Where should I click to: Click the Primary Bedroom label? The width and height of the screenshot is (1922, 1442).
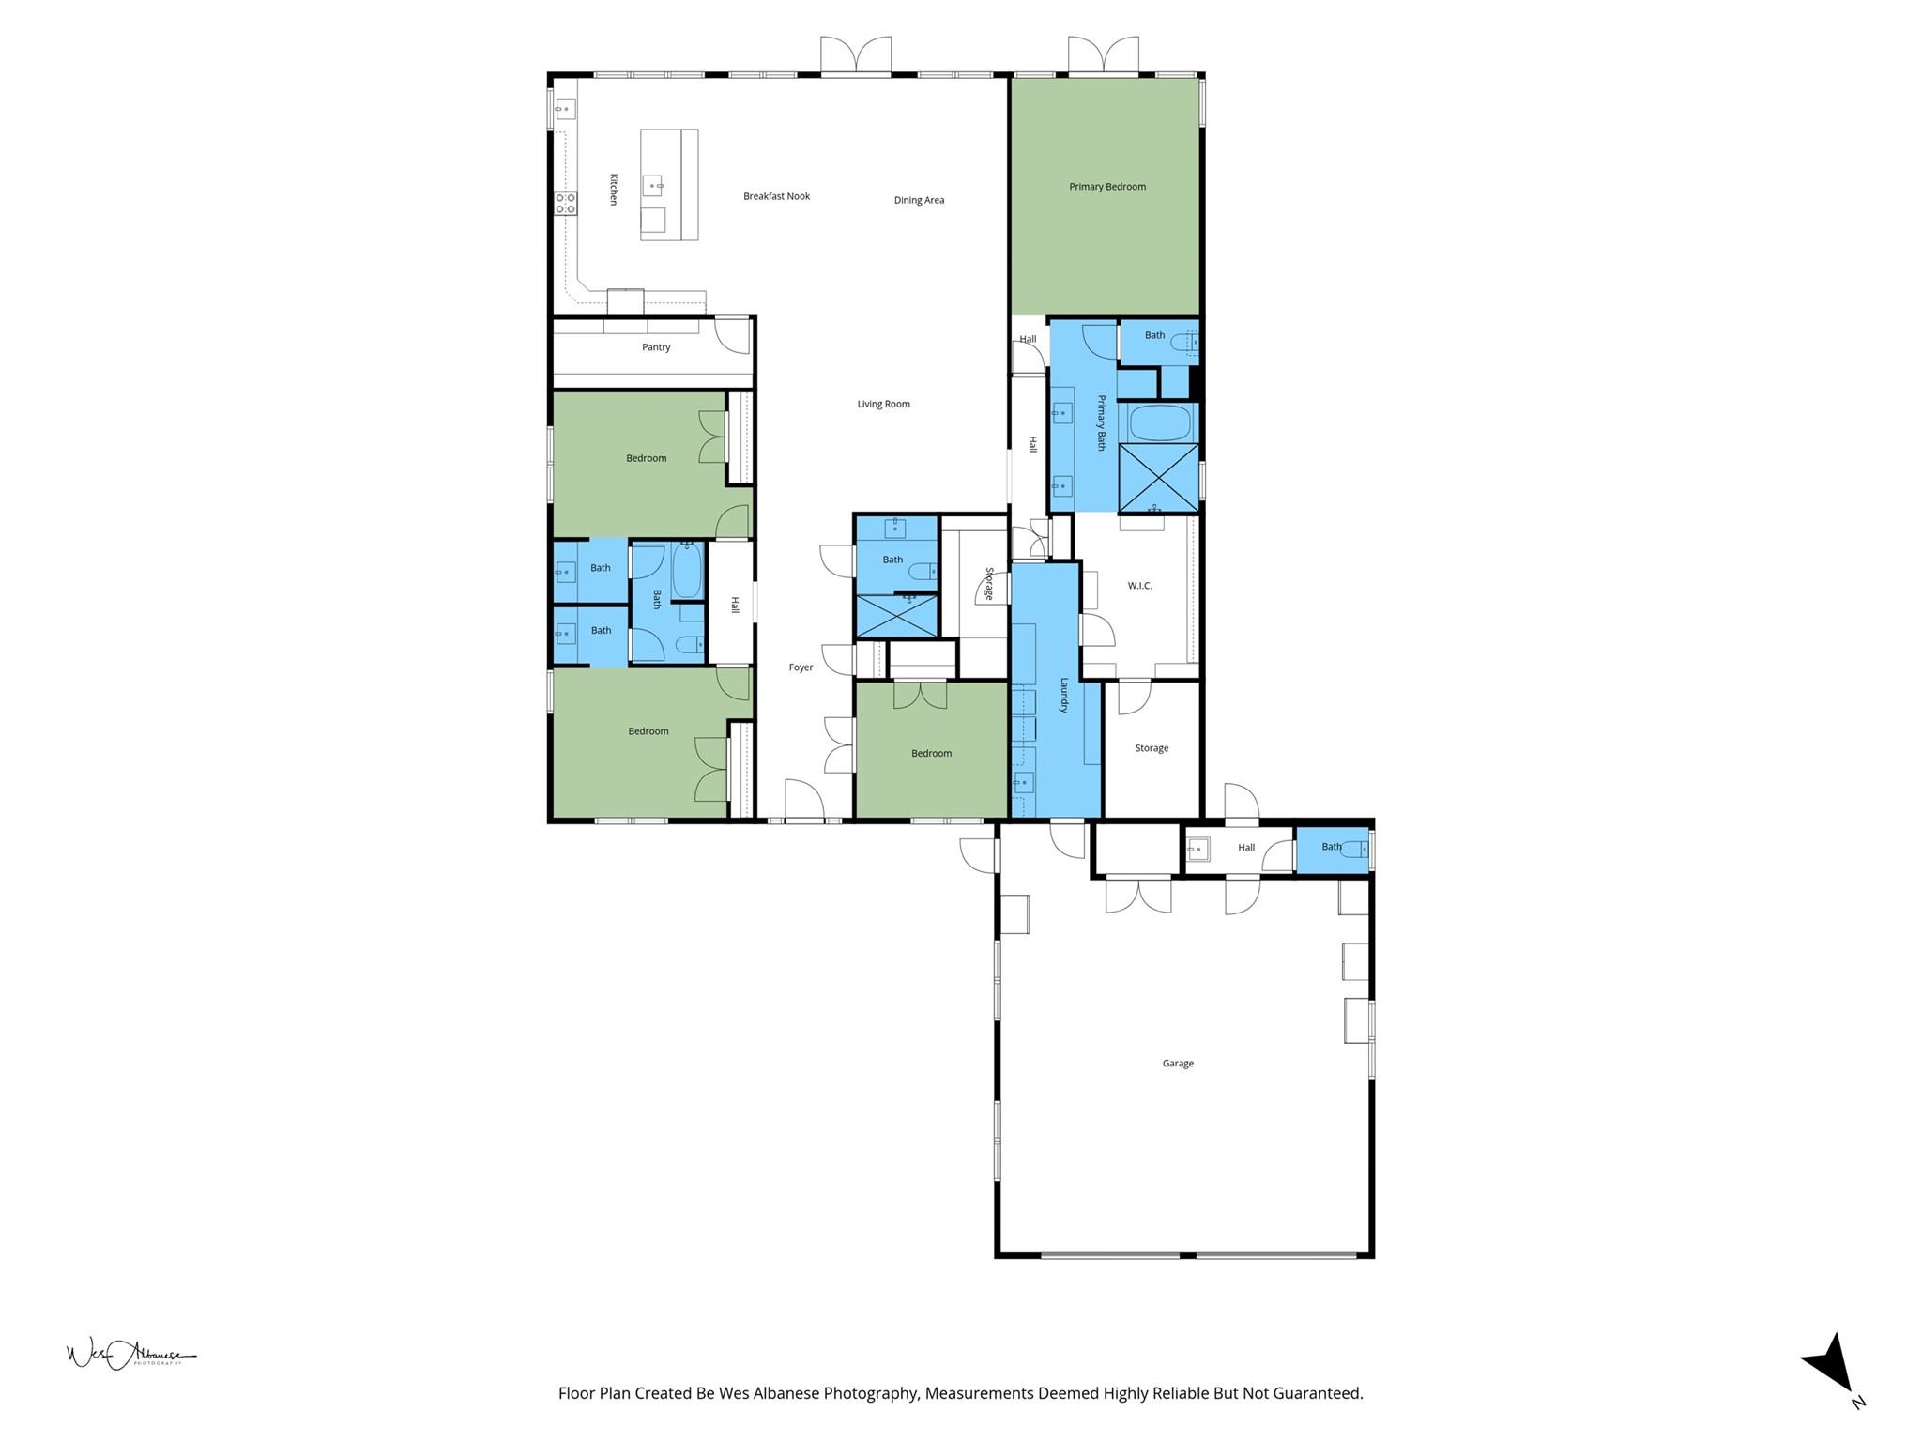coord(1107,187)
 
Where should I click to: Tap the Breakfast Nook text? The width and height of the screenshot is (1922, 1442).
coord(776,196)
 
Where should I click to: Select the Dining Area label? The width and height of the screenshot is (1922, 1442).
coord(919,200)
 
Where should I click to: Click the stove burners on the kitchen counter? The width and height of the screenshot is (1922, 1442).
coord(565,203)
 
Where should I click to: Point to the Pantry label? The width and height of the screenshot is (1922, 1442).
coord(656,347)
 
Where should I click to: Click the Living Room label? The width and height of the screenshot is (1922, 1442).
coord(883,405)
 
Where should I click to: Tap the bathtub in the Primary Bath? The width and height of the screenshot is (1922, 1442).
coord(1159,422)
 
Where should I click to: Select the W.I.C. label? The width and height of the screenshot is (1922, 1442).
coord(1139,586)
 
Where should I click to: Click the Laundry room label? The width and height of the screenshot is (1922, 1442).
coord(1064,696)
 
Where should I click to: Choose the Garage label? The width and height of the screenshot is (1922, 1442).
coord(1178,1064)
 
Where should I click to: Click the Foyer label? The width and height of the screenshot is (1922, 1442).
coord(801,667)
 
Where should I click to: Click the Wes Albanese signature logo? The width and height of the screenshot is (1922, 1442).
coord(130,1355)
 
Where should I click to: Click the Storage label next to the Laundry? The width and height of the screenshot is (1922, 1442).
coord(1152,748)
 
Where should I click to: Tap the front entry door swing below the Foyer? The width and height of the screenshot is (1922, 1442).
coord(804,800)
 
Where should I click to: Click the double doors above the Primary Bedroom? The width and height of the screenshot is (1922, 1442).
coord(1104,55)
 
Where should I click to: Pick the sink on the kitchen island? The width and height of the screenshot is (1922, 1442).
coord(652,186)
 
